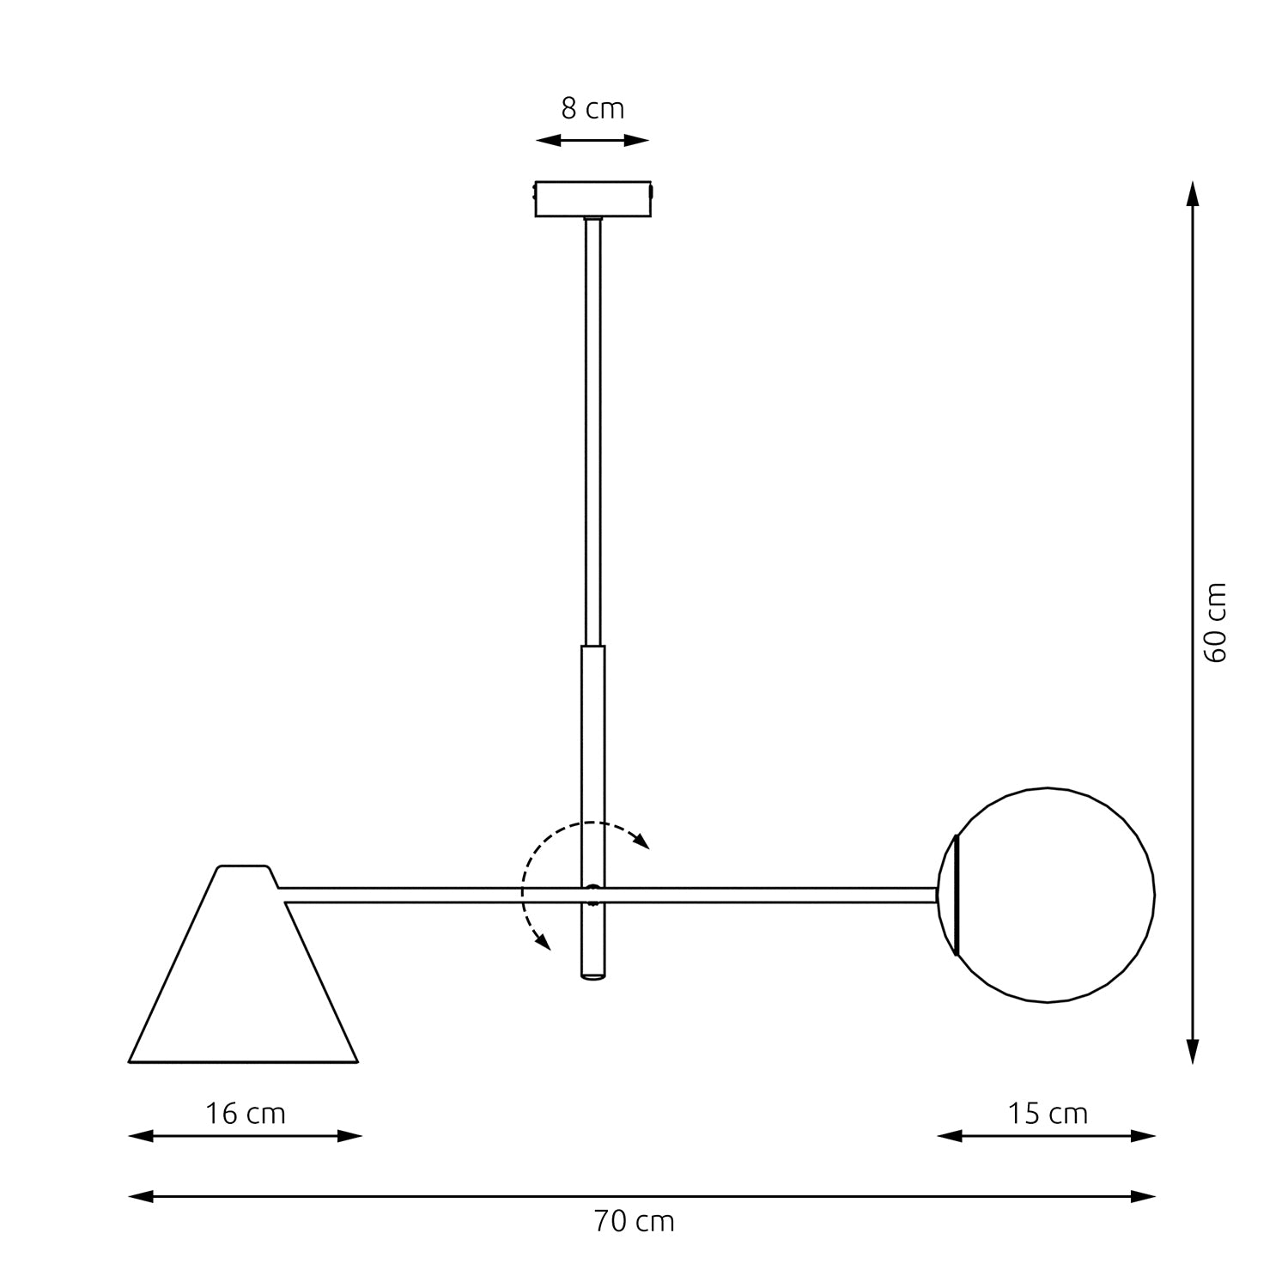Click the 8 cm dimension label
pyautogui.click(x=592, y=109)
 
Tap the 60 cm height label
pyautogui.click(x=1216, y=623)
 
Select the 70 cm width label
pyautogui.click(x=634, y=1221)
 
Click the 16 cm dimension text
pyautogui.click(x=245, y=1114)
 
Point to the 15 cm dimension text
pyautogui.click(x=1047, y=1114)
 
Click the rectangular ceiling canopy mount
pyautogui.click(x=592, y=198)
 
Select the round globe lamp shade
pyautogui.click(x=1052, y=895)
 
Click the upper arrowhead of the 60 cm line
pyautogui.click(x=1192, y=193)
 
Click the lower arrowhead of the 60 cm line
pyautogui.click(x=1192, y=1051)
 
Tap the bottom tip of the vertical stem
pyautogui.click(x=592, y=977)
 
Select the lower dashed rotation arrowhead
pyautogui.click(x=542, y=942)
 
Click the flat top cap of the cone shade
pyautogui.click(x=245, y=868)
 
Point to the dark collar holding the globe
pyautogui.click(x=956, y=895)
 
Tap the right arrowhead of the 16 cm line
pyautogui.click(x=351, y=1136)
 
